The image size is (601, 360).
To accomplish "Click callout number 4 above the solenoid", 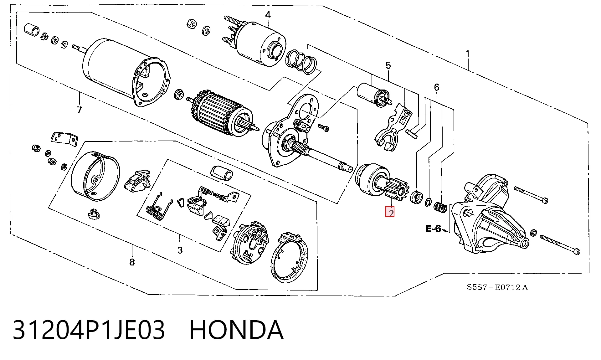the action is click(x=268, y=15).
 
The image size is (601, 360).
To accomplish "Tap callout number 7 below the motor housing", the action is click(x=79, y=110).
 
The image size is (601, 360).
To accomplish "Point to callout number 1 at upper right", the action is click(x=468, y=54).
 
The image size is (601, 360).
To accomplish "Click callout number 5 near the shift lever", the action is click(x=388, y=65).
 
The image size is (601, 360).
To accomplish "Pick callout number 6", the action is click(x=437, y=87).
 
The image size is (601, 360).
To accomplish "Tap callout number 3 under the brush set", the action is click(x=180, y=250).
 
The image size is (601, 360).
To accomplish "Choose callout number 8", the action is click(x=132, y=262).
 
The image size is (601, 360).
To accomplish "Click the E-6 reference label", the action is click(x=433, y=229).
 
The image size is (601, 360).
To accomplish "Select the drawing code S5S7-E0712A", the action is click(x=497, y=287).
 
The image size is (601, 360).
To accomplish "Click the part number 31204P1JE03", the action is click(x=89, y=330).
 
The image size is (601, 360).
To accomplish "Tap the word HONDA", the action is click(x=237, y=330).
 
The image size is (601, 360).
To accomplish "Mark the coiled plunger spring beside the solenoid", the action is click(x=301, y=61).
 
